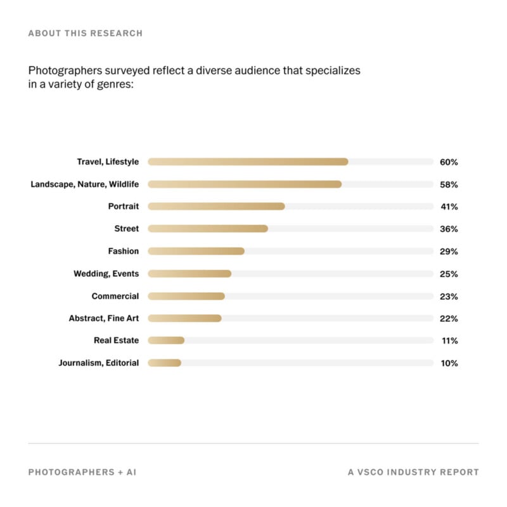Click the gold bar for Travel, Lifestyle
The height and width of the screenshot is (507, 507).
248,162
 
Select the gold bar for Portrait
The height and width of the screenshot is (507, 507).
216,207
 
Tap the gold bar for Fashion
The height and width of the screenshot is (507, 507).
196,251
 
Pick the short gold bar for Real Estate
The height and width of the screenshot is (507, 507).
166,340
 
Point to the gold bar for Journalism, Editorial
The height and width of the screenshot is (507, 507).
164,363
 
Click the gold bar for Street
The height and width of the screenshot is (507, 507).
208,229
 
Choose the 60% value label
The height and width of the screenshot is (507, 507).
449,162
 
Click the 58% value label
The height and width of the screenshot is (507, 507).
449,184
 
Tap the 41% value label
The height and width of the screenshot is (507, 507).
449,207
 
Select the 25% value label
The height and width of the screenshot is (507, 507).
449,274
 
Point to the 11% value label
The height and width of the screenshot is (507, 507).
450,341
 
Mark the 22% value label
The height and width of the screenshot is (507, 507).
449,319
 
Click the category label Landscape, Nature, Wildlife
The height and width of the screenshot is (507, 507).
85,184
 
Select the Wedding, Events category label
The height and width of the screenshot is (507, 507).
106,274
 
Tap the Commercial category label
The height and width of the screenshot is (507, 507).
115,296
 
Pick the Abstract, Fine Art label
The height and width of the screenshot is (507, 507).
103,318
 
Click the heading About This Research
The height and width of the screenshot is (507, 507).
85,33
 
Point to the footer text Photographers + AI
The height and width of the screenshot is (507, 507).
82,472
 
